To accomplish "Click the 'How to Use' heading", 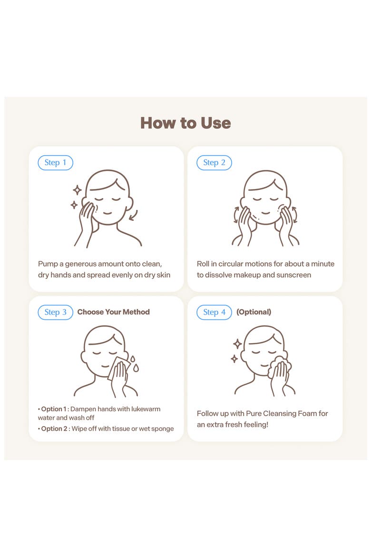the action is [185, 123].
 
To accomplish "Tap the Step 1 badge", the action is [55, 163].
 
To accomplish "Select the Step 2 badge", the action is [214, 163].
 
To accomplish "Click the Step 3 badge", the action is [55, 312].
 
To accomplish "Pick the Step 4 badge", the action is [214, 312].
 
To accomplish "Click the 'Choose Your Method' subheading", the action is [113, 312].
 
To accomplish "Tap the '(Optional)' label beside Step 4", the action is [254, 312].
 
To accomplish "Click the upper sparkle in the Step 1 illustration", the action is [77, 190].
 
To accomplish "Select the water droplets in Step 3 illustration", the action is [134, 363].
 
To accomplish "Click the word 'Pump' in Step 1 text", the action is [48, 264].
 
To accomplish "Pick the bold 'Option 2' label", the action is [54, 429].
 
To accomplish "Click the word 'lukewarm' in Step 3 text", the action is [146, 409].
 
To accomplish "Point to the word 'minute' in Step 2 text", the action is [322, 264].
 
